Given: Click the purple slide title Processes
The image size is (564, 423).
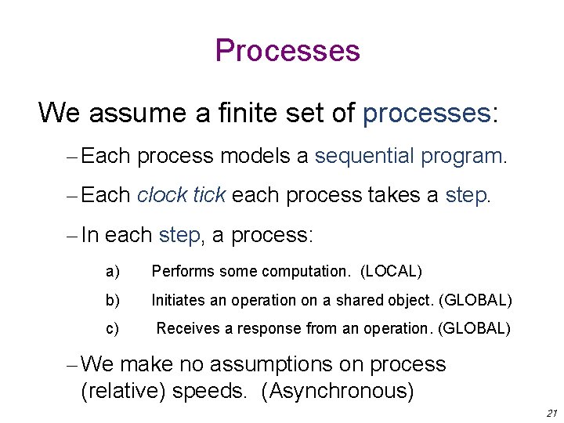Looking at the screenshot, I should pos(287,51).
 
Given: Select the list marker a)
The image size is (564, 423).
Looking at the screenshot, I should pos(113,272).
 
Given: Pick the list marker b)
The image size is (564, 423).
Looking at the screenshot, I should pos(113,300).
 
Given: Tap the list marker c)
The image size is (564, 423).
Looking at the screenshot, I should pos(113,329).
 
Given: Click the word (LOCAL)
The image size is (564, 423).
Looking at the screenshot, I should pos(391,272).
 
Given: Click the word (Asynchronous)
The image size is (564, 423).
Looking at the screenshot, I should pos(341,390).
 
